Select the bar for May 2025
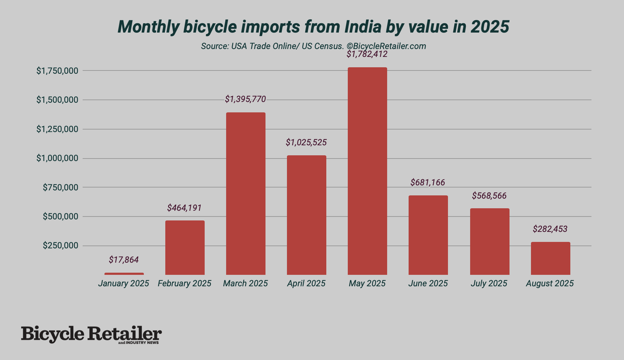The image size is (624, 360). [x=367, y=171]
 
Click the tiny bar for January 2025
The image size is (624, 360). [x=124, y=274]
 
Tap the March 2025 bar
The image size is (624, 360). [x=246, y=194]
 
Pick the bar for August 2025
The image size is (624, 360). [x=550, y=258]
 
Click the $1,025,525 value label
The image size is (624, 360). [x=306, y=142]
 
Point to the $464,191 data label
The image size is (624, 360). [x=184, y=208]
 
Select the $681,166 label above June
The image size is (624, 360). [x=428, y=183]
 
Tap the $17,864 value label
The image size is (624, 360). [x=124, y=260]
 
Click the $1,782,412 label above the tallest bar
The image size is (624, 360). [x=367, y=54]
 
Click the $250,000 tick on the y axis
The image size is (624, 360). [x=60, y=245]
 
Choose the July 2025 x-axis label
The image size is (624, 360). [x=489, y=283]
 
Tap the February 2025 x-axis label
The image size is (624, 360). [x=184, y=283]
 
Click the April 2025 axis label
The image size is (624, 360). [x=306, y=283]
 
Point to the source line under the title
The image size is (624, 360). [x=313, y=46]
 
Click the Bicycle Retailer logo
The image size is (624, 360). [x=91, y=334]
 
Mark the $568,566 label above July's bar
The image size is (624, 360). [x=489, y=196]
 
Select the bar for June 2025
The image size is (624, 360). [x=428, y=235]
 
